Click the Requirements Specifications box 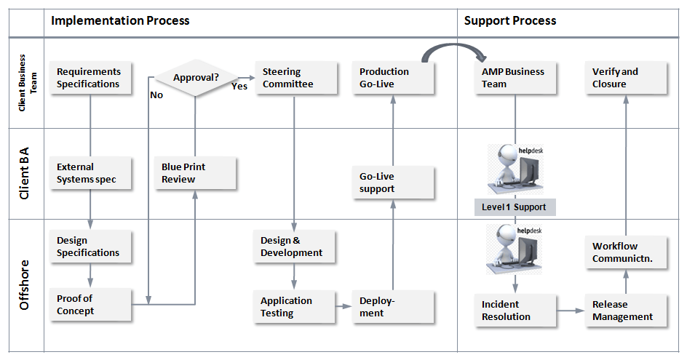click(90, 78)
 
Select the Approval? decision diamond click(196, 78)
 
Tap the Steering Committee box click(296, 78)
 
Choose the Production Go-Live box click(393, 78)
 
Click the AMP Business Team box click(515, 78)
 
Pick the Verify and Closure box click(626, 78)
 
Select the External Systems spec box click(90, 173)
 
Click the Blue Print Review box click(196, 173)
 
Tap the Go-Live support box click(393, 183)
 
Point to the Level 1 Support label click(515, 207)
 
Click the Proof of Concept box click(90, 305)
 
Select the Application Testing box click(295, 307)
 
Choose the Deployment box click(393, 307)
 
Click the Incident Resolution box click(515, 311)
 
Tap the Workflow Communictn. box click(626, 252)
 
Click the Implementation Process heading click(120, 20)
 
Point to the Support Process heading click(510, 20)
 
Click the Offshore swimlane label click(24, 285)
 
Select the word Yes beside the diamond click(239, 87)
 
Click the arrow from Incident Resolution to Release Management click(571, 311)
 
